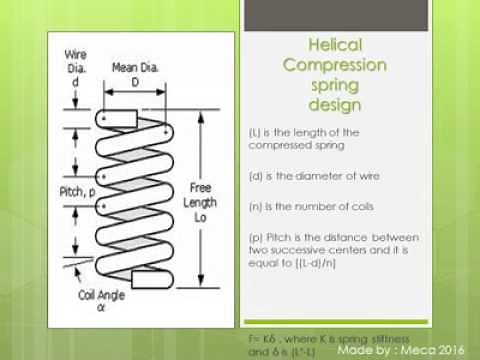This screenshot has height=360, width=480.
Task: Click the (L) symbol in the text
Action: (257, 133)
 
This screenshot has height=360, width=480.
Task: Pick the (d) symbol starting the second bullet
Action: (257, 176)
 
